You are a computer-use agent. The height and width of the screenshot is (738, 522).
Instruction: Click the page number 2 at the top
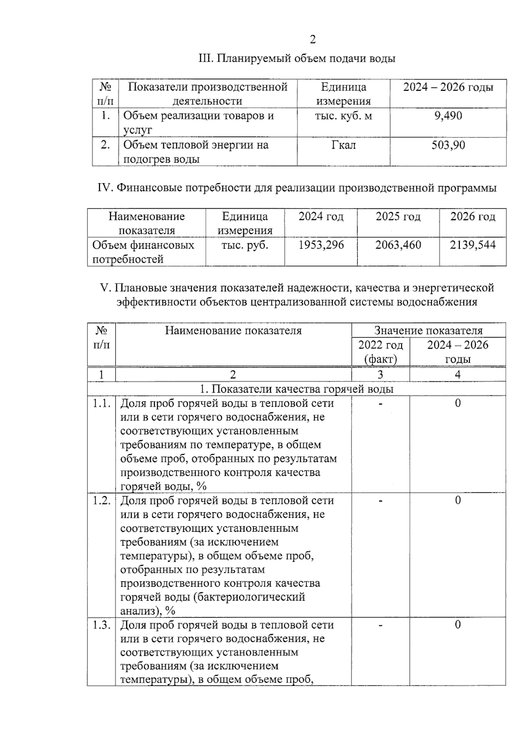313,40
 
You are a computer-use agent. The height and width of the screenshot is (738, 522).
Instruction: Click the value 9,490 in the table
448,116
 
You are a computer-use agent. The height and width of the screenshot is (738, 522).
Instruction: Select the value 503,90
448,145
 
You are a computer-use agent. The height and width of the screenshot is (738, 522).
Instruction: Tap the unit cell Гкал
343,145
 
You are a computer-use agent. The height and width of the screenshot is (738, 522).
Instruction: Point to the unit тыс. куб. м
343,116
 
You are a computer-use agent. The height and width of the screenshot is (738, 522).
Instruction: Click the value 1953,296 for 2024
321,245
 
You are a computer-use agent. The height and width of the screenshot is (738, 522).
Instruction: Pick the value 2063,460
398,245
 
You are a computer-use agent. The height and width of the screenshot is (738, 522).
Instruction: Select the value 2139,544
472,245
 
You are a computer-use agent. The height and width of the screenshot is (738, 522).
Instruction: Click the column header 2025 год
398,216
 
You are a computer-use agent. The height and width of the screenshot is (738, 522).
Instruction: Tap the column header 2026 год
472,216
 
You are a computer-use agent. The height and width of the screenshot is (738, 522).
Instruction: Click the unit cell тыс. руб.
245,245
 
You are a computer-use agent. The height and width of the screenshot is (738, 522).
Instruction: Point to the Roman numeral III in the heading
204,58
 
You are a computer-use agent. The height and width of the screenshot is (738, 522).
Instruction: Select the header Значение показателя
428,331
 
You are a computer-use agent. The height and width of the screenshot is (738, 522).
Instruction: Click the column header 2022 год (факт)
380,352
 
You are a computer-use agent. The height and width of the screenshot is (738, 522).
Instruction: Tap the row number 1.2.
101,500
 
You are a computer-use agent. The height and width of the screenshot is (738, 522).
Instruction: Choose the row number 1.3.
101,625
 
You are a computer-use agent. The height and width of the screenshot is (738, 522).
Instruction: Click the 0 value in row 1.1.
458,403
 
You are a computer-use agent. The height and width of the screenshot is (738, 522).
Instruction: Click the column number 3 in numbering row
380,374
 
